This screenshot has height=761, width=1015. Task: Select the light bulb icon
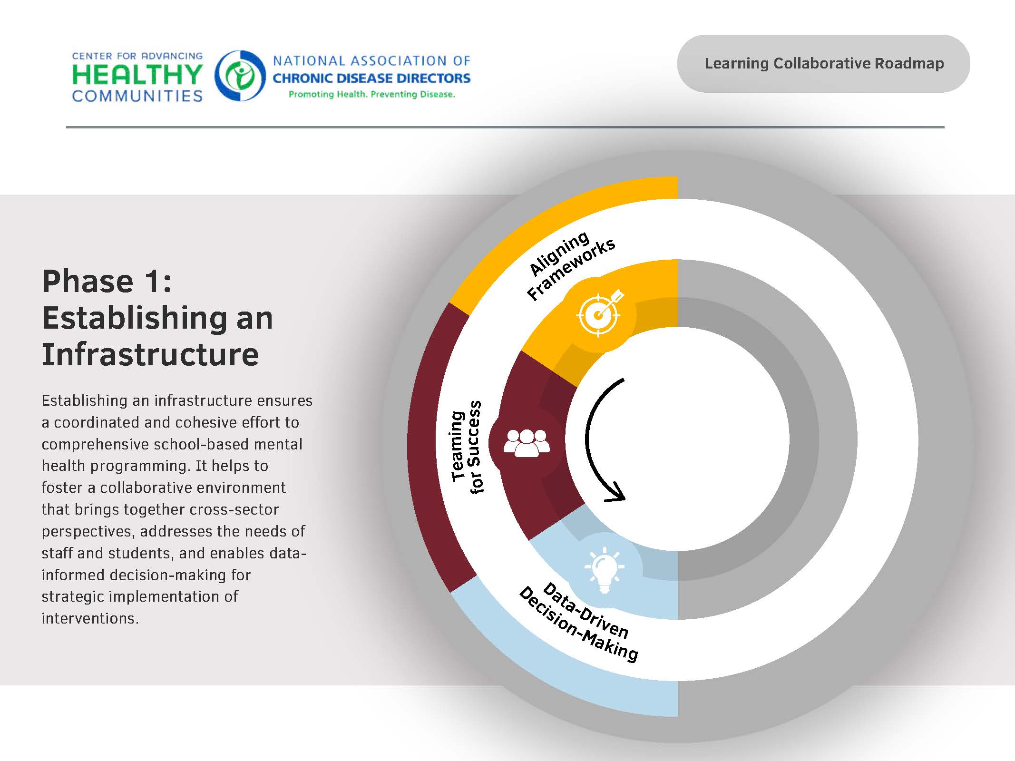tap(604, 570)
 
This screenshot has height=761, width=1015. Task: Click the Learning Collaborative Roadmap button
tap(823, 63)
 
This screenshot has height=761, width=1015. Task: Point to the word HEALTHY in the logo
tap(137, 75)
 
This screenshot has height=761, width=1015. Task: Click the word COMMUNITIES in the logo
tap(137, 96)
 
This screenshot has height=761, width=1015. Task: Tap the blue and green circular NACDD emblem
tap(240, 76)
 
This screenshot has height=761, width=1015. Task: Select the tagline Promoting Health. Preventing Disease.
tap(371, 94)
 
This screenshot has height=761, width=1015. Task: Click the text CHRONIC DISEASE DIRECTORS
tap(371, 78)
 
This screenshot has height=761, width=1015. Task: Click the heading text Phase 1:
tap(107, 281)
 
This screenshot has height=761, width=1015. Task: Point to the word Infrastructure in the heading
tap(150, 354)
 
